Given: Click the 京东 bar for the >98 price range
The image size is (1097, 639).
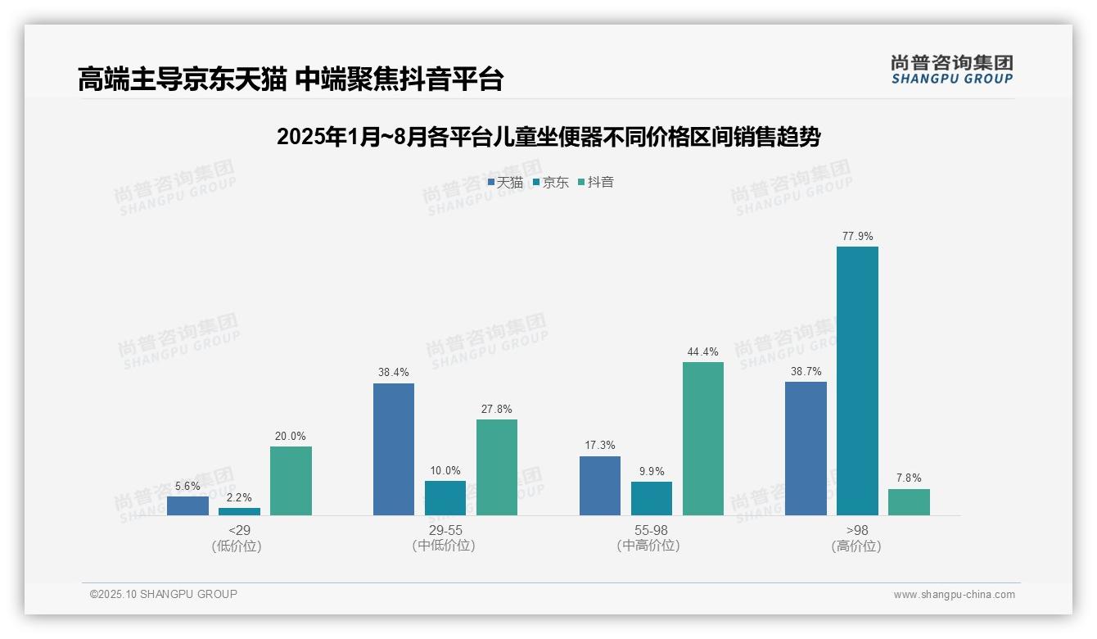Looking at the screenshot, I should [x=857, y=381].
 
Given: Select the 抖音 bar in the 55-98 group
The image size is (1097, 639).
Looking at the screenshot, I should [x=703, y=439].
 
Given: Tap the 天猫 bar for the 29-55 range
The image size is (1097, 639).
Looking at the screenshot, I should [x=394, y=450].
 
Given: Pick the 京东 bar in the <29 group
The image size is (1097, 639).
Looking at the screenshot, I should [x=239, y=511].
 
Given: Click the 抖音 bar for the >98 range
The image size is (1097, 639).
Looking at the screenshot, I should [x=909, y=502].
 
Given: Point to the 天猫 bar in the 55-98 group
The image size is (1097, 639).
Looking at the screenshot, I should [x=600, y=486].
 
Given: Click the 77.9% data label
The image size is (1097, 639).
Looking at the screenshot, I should [x=857, y=237].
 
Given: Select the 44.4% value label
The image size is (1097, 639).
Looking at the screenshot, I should [x=703, y=352].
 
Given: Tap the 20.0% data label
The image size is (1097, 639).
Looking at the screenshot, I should [x=291, y=437].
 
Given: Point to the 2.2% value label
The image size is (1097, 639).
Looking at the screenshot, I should [x=239, y=497].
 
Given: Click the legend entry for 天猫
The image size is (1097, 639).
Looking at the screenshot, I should [x=505, y=183].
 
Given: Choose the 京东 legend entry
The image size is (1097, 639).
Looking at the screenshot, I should [x=550, y=183].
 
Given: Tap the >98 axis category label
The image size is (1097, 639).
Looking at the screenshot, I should [x=856, y=530].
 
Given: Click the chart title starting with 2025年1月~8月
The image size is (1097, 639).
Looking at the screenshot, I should [x=548, y=137].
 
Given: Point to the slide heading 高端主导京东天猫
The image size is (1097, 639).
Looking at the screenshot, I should [x=290, y=79].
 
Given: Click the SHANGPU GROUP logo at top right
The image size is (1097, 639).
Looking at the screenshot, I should [x=952, y=70].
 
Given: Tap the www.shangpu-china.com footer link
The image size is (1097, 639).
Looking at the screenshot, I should [x=954, y=595].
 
